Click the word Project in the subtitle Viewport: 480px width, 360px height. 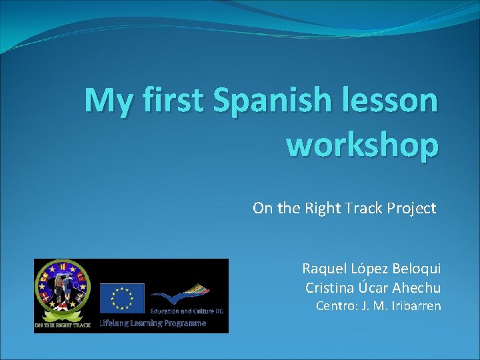(x=410, y=209)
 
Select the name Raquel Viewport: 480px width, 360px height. (x=323, y=269)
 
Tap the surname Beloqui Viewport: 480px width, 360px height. (x=415, y=269)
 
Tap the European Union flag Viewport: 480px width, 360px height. (x=122, y=297)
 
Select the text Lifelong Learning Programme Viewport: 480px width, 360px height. (x=153, y=323)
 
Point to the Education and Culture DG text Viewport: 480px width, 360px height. (x=189, y=311)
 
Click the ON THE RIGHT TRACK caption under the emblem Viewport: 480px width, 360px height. (x=63, y=325)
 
